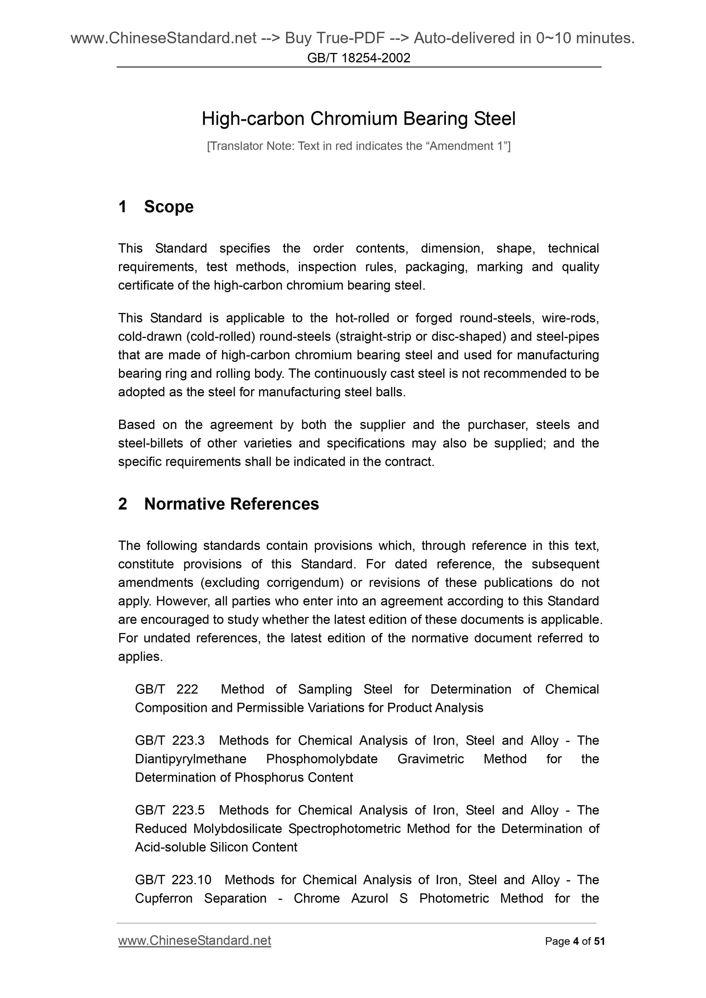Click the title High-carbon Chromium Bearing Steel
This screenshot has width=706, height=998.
pyautogui.click(x=358, y=119)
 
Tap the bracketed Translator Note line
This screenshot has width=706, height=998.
pyautogui.click(x=358, y=146)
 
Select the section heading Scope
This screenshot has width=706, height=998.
pyautogui.click(x=168, y=207)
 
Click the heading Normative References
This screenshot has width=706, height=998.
pyautogui.click(x=231, y=504)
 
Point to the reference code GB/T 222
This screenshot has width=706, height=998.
pyautogui.click(x=167, y=689)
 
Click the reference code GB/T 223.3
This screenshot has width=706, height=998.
pyautogui.click(x=170, y=740)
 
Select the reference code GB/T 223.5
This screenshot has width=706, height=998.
pyautogui.click(x=170, y=810)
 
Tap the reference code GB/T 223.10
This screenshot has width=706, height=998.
pyautogui.click(x=173, y=879)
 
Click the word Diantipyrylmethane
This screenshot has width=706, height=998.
pyautogui.click(x=190, y=759)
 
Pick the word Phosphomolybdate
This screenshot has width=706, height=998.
pyautogui.click(x=322, y=759)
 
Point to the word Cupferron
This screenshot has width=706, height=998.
pyautogui.click(x=164, y=898)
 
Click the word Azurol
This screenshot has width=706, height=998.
pyautogui.click(x=369, y=898)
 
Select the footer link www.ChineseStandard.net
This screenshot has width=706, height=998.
pyautogui.click(x=194, y=941)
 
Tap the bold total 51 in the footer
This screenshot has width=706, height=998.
pyautogui.click(x=599, y=941)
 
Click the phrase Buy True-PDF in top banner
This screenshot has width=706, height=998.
pyautogui.click(x=334, y=38)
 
